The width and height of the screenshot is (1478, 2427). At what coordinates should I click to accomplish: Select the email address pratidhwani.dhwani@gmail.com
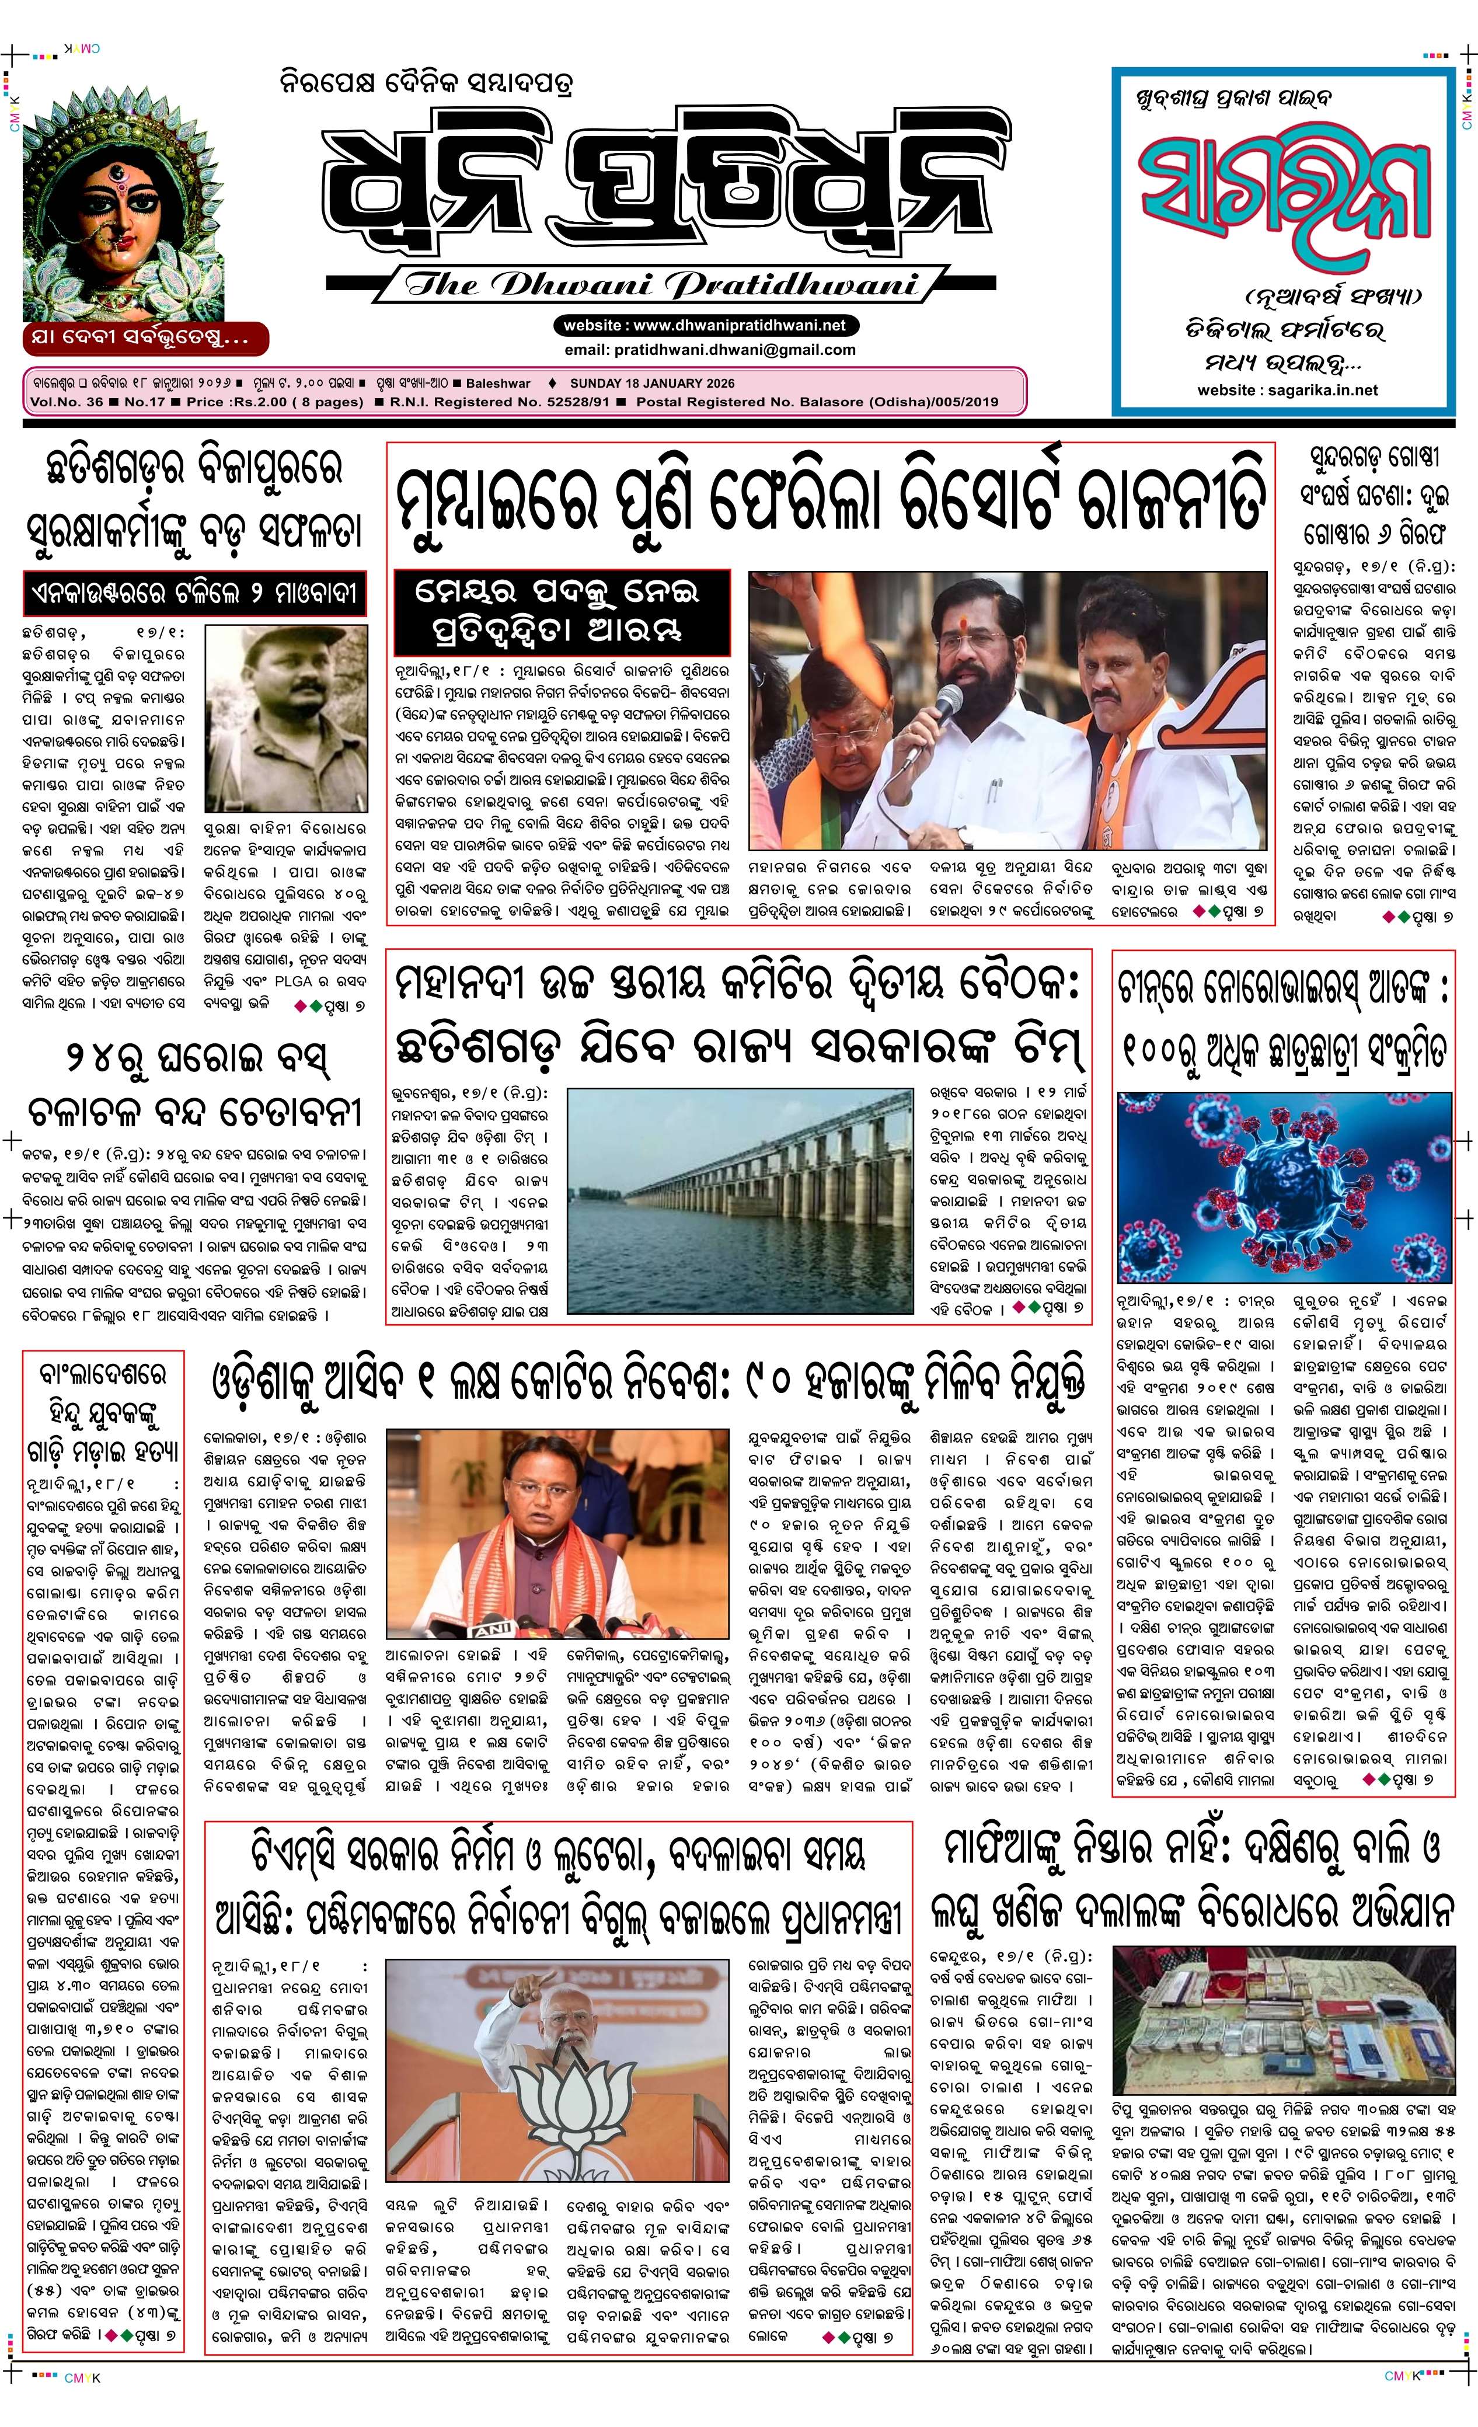pos(734,349)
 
